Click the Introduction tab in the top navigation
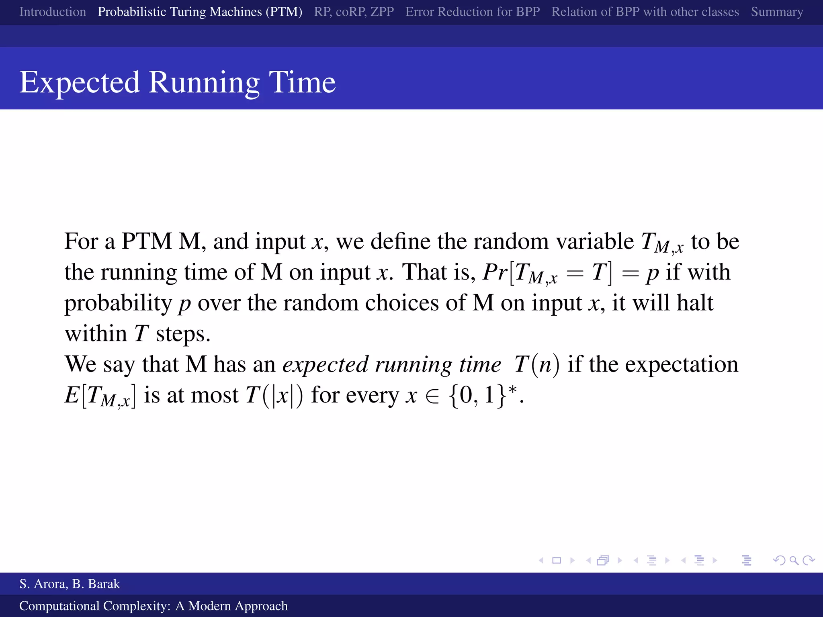[53, 12]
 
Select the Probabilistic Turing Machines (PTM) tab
[200, 12]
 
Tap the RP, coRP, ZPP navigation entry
[354, 12]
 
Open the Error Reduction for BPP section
[472, 12]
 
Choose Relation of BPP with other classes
[645, 12]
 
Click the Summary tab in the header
[777, 12]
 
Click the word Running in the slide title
[204, 82]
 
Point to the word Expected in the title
[80, 82]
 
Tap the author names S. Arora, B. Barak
[70, 584]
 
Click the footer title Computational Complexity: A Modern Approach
[153, 606]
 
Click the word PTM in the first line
[147, 241]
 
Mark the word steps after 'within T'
[183, 334]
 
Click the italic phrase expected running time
[391, 365]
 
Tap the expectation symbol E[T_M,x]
[100, 395]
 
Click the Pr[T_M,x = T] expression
[548, 273]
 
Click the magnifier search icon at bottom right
[794, 560]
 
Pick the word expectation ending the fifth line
[682, 365]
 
